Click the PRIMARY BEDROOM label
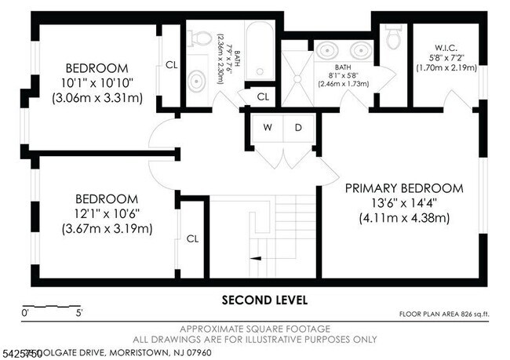point(405,188)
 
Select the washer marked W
point(268,127)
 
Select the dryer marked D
point(298,127)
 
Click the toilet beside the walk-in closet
point(393,35)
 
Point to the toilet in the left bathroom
point(199,37)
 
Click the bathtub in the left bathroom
point(260,51)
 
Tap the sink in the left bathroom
point(197,79)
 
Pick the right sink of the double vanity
point(361,48)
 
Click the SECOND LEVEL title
point(265,300)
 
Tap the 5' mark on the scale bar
point(79,313)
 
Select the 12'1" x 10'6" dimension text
point(107,214)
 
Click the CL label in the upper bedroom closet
point(171,65)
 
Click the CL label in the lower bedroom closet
point(192,238)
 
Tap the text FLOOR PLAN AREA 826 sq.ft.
point(443,315)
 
